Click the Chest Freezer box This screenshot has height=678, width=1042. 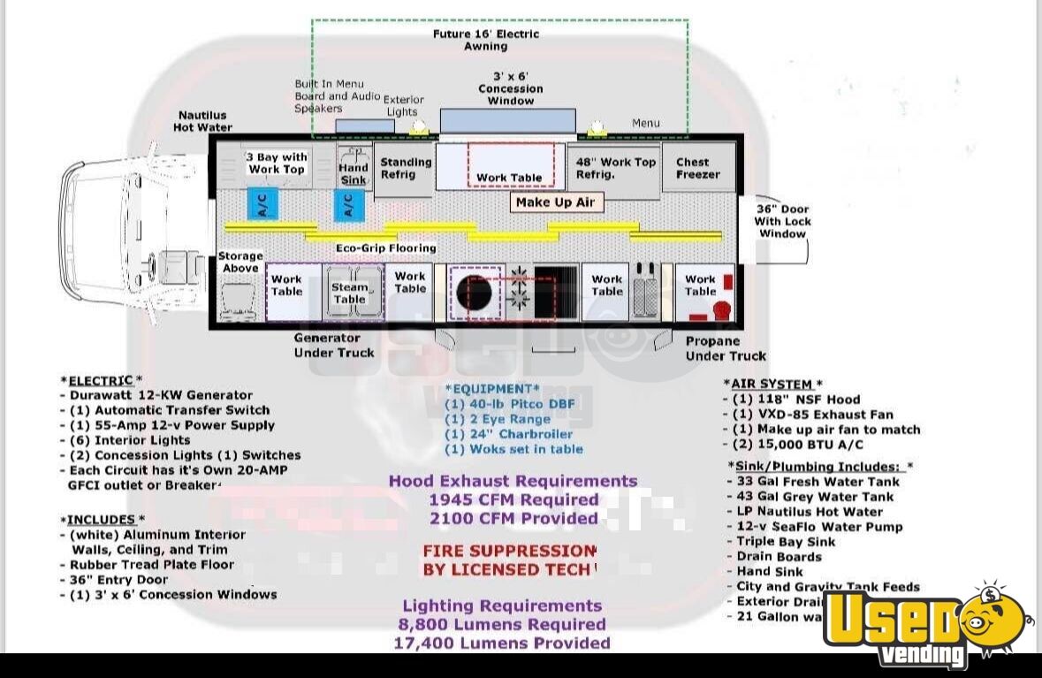[x=699, y=168]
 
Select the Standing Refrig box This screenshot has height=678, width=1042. [x=406, y=168]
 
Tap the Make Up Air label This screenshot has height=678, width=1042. [x=555, y=202]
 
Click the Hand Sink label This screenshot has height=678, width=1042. [x=354, y=173]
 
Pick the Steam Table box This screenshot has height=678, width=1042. [x=351, y=292]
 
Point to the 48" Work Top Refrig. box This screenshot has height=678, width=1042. [x=616, y=168]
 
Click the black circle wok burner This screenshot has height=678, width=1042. [x=474, y=293]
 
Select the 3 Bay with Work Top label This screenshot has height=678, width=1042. [x=276, y=164]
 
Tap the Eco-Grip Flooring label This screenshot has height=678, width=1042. [x=386, y=248]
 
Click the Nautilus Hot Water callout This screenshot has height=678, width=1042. [x=202, y=121]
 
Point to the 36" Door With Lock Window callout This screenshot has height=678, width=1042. [x=782, y=221]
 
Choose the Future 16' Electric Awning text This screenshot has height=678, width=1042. [x=485, y=40]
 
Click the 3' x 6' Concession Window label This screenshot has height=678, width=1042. [x=511, y=88]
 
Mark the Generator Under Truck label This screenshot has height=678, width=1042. [x=333, y=345]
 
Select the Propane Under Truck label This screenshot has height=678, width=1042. [x=725, y=348]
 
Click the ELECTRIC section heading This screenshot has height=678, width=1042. [x=100, y=381]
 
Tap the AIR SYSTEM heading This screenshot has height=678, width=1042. [x=772, y=384]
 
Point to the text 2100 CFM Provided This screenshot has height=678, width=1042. [x=513, y=518]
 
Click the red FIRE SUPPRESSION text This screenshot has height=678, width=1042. [x=509, y=551]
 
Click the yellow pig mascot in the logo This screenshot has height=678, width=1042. [x=993, y=618]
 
